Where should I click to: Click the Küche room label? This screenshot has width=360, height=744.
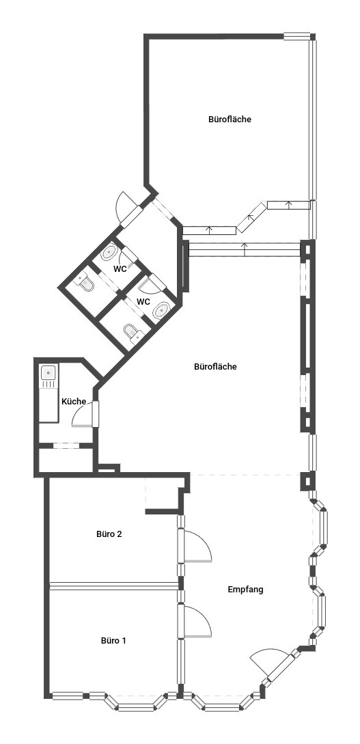pyautogui.click(x=74, y=402)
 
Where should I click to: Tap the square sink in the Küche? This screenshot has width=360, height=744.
pyautogui.click(x=49, y=373)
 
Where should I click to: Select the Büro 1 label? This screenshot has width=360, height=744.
pyautogui.click(x=113, y=640)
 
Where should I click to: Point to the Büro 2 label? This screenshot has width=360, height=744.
pyautogui.click(x=109, y=534)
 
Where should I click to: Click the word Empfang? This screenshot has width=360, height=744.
pyautogui.click(x=245, y=590)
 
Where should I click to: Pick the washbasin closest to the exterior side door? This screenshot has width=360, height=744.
pyautogui.click(x=109, y=252)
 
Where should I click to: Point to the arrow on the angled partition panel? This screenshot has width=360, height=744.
pyautogui.click(x=252, y=217)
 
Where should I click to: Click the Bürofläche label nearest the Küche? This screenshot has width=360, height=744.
pyautogui.click(x=215, y=367)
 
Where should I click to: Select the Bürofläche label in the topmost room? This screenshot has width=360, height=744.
pyautogui.click(x=230, y=119)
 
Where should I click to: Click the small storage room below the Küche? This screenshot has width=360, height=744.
pyautogui.click(x=66, y=459)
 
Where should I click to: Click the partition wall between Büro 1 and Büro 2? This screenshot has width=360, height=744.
pyautogui.click(x=114, y=586)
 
